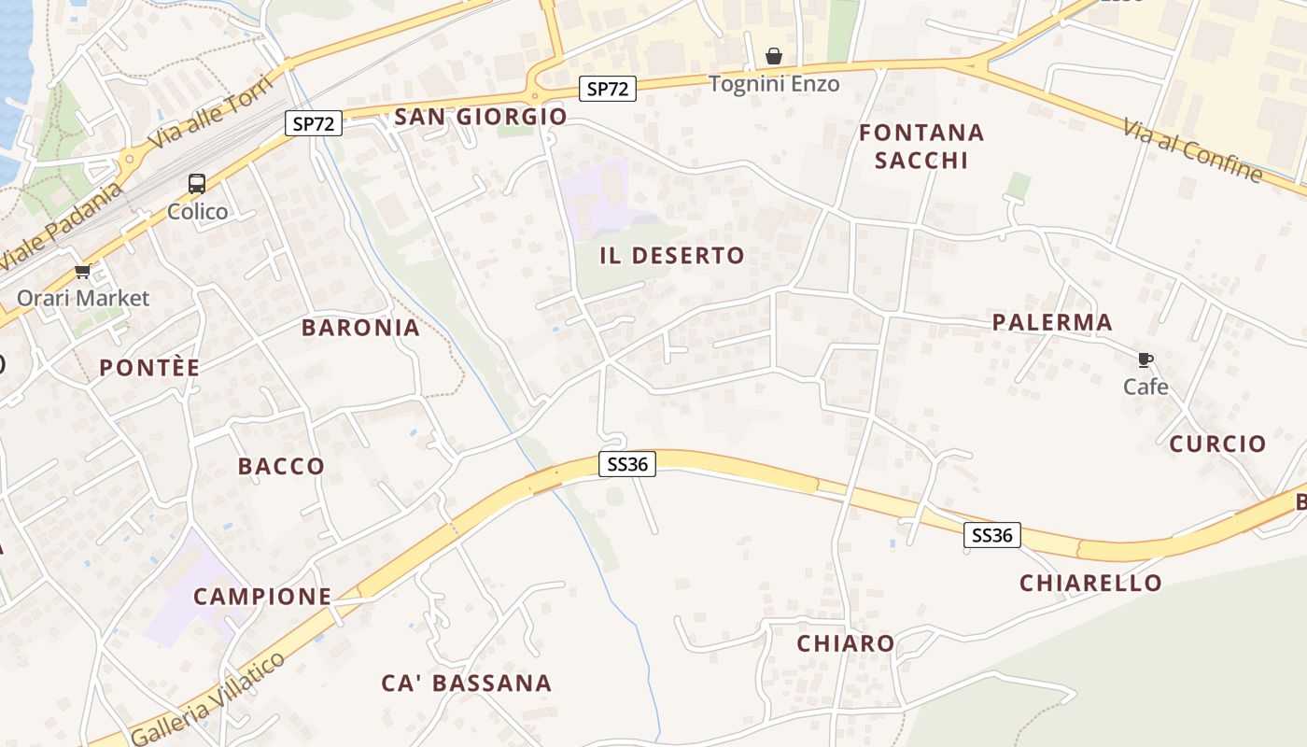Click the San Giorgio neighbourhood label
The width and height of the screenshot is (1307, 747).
[x=481, y=117]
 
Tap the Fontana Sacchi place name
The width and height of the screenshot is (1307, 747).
[x=921, y=147]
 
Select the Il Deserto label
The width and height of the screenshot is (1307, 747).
[x=672, y=256]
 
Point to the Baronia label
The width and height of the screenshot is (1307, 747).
[x=360, y=328]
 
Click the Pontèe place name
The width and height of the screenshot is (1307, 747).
[x=149, y=368]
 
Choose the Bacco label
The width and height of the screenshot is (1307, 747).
[x=281, y=466]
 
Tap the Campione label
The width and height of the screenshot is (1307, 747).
[x=262, y=596]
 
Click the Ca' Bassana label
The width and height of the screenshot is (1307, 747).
[x=466, y=684]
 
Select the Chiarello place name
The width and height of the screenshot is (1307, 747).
[x=1090, y=584]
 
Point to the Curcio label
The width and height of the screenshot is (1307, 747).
[x=1217, y=444]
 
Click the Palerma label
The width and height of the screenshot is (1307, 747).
[x=1052, y=323]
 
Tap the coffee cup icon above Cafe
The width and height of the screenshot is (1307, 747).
[x=1145, y=360]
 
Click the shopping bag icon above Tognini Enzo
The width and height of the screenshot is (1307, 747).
[x=773, y=57]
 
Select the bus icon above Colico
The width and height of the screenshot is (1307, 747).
[x=197, y=184]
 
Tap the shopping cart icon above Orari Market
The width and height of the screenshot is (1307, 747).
[x=83, y=272]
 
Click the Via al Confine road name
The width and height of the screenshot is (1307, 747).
[x=1192, y=149]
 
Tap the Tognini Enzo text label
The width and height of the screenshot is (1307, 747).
[x=774, y=84]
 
